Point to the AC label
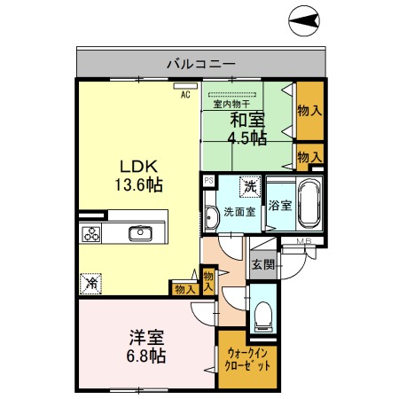(186, 94)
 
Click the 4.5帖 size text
(247, 137)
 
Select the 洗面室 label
(239, 213)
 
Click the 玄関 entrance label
(262, 263)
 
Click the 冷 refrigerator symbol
(91, 284)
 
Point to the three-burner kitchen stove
(92, 234)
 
